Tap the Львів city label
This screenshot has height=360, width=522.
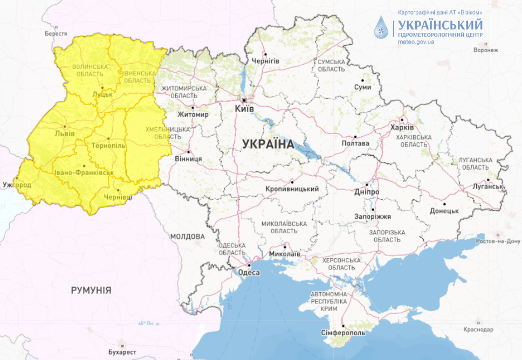(65, 134)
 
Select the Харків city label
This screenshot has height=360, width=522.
(402, 128)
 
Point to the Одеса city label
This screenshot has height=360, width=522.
(249, 273)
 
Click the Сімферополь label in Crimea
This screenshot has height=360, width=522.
(343, 333)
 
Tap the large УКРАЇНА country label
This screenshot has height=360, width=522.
(268, 144)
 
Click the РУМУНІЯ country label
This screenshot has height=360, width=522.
(91, 290)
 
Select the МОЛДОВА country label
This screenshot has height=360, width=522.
(187, 237)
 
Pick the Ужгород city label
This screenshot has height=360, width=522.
(17, 185)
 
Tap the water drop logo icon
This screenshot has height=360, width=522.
(382, 27)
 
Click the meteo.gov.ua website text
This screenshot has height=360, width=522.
(416, 41)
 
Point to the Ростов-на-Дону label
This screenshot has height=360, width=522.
(497, 240)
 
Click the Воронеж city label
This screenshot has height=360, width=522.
(485, 50)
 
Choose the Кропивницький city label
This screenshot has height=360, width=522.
(292, 189)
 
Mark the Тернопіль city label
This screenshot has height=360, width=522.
(109, 146)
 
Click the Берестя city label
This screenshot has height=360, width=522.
(56, 33)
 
